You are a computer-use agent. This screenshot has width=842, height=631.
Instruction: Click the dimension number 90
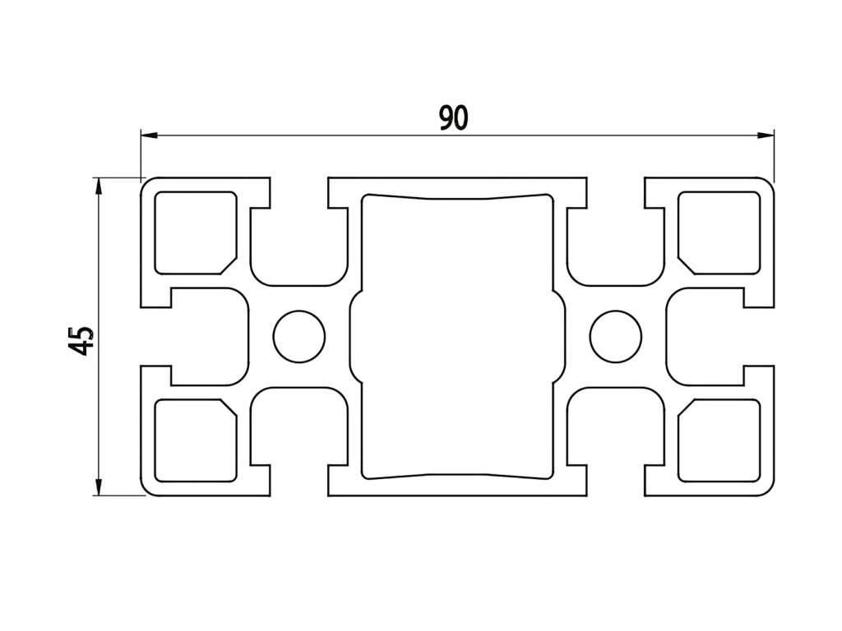(453, 118)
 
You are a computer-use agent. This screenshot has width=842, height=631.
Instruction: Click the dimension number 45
(81, 340)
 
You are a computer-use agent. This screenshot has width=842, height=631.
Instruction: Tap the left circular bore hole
(298, 337)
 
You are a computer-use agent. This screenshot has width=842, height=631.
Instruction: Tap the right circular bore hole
(616, 337)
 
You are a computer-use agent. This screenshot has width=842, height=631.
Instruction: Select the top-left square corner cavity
(194, 232)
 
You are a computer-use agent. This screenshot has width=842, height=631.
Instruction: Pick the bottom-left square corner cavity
(194, 440)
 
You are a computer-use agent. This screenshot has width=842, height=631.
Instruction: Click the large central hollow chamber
(457, 337)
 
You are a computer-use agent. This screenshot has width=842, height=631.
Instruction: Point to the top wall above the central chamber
(457, 185)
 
